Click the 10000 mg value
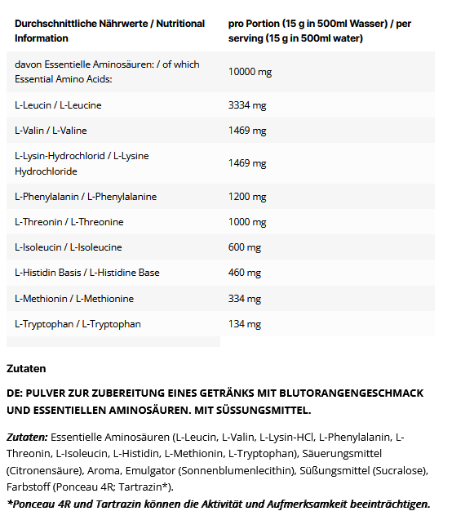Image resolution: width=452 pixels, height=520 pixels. tap(250, 72)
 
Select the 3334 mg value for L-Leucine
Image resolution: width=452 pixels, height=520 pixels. tap(246, 105)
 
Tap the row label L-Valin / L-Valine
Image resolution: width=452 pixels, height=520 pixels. tap(51, 131)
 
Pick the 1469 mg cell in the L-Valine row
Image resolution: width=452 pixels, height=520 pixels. tap(246, 131)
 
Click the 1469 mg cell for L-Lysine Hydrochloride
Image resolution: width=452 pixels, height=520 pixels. tap(246, 163)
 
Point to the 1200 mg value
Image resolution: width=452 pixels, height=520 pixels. tap(246, 197)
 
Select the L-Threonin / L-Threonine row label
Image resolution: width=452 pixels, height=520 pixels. tap(69, 222)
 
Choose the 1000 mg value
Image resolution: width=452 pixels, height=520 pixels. tap(246, 222)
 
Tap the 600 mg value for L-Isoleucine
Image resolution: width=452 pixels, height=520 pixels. tap(244, 247)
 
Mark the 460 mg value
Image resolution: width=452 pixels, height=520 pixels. tap(244, 273)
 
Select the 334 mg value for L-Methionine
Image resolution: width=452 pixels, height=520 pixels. tap(244, 299)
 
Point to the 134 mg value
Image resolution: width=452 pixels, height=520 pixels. tap(244, 324)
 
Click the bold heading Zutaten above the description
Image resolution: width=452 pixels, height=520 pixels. tap(26, 369)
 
